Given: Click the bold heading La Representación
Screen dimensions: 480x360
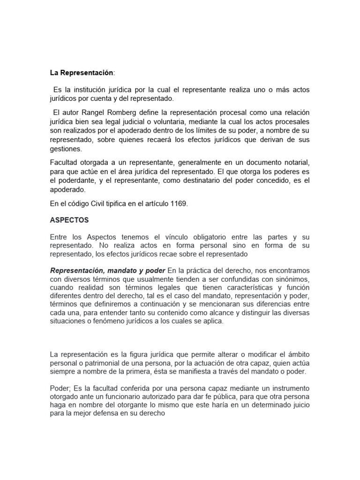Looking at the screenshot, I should point(82,73).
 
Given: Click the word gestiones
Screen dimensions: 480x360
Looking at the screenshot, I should point(66,149).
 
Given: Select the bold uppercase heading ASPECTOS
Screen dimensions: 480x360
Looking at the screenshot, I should point(69,219).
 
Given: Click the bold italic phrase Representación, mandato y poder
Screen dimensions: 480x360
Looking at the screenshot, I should point(108,270).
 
